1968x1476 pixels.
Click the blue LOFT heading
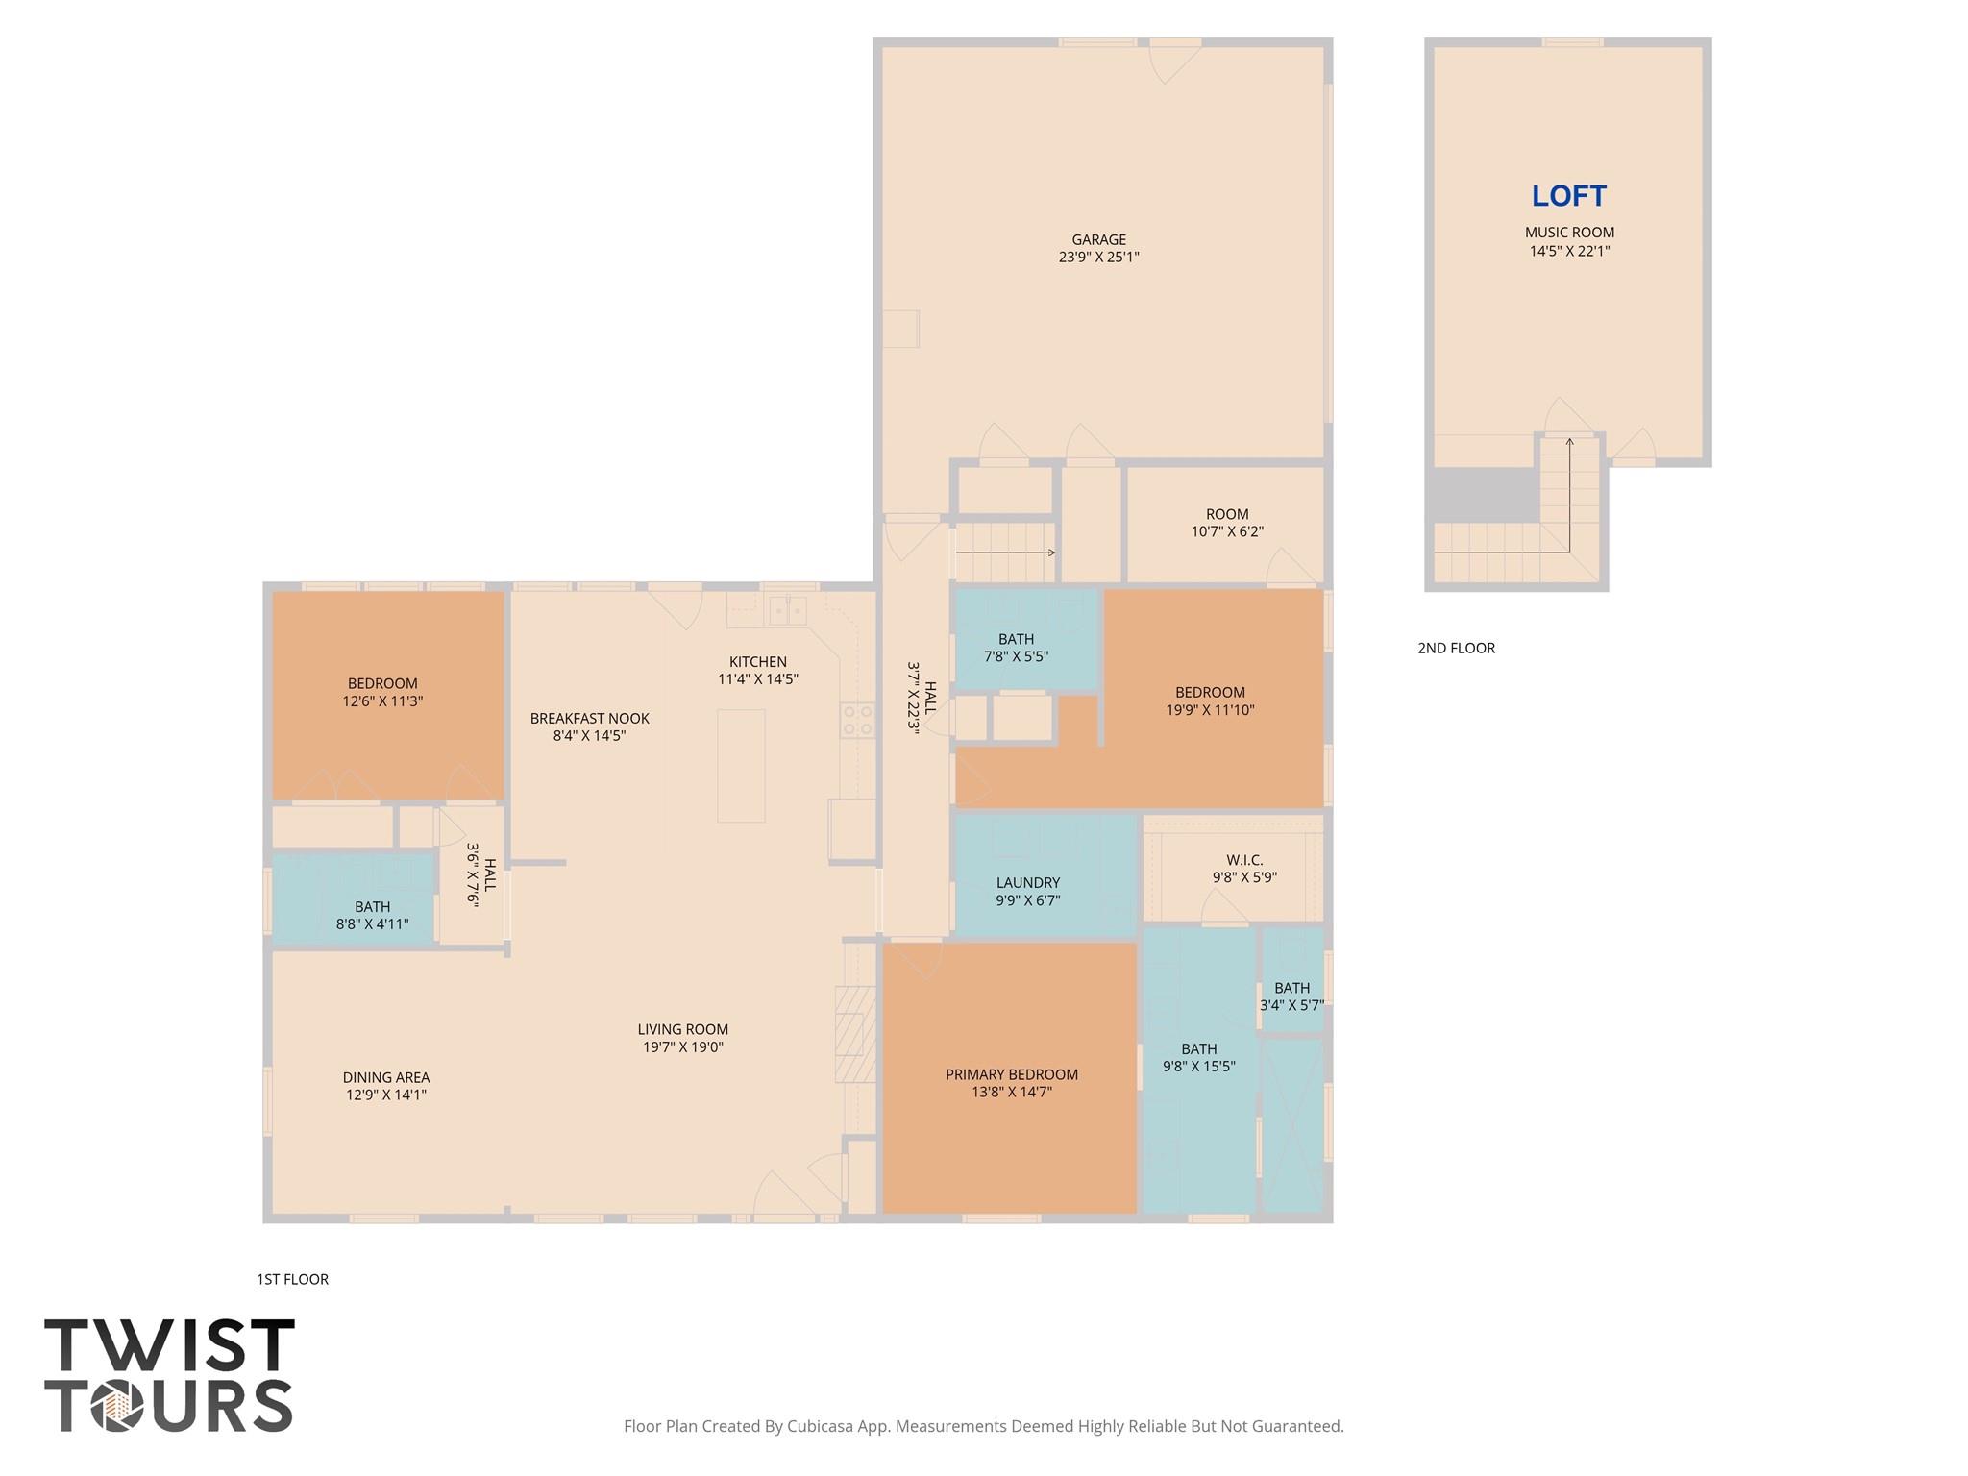(x=1568, y=196)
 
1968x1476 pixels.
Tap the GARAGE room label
(x=1098, y=239)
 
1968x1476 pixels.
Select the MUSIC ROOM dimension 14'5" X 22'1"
(x=1569, y=251)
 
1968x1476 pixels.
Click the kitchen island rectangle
(x=741, y=766)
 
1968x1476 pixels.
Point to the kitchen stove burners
(x=858, y=721)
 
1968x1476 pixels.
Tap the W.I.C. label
(x=1244, y=860)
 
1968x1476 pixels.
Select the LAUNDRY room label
(x=1027, y=882)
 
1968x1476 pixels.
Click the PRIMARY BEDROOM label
(x=1011, y=1074)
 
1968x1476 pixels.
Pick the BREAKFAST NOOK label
(x=589, y=718)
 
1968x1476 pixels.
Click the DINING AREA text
(x=386, y=1077)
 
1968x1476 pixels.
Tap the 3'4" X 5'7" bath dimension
(x=1291, y=1005)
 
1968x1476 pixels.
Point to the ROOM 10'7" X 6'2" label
(x=1227, y=523)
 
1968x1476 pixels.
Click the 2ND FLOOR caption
(x=1456, y=648)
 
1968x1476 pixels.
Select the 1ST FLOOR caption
(x=292, y=1279)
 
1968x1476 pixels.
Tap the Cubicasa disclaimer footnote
(x=983, y=1426)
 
